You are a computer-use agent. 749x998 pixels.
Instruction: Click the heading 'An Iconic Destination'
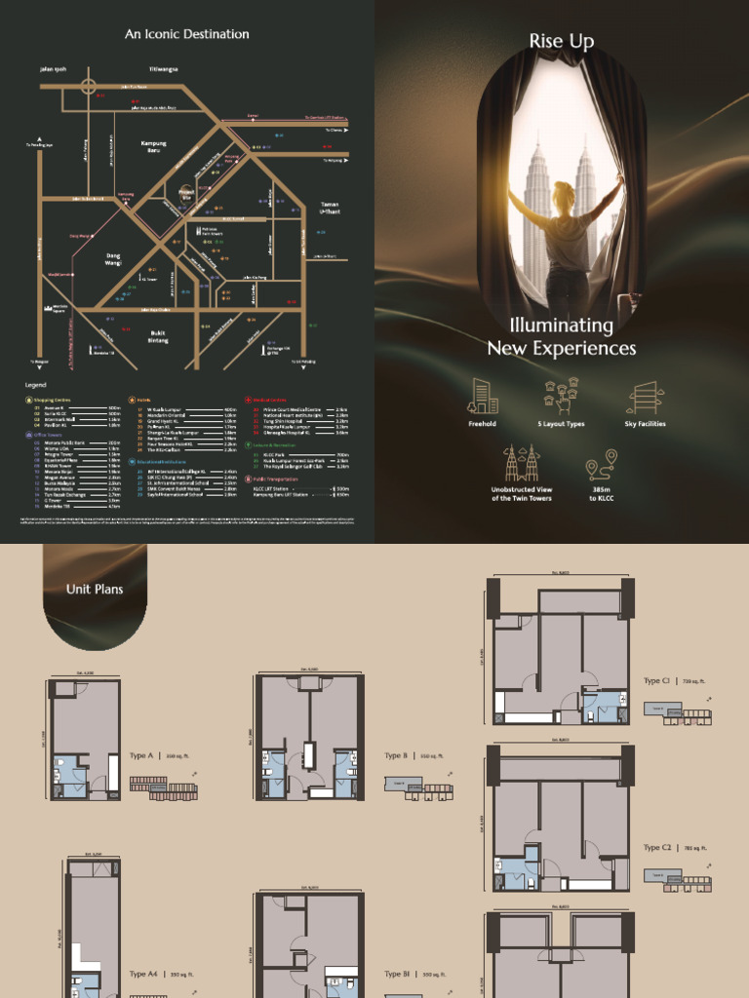186,34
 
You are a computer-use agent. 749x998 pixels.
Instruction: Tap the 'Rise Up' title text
561,41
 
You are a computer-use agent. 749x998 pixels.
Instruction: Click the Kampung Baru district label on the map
154,146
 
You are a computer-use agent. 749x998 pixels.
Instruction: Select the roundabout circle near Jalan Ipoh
90,86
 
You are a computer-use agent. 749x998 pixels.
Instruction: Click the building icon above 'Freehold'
483,397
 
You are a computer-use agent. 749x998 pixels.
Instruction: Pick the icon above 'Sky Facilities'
645,398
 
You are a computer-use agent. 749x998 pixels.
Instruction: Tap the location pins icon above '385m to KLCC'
601,466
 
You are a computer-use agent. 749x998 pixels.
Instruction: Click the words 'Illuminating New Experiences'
561,337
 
